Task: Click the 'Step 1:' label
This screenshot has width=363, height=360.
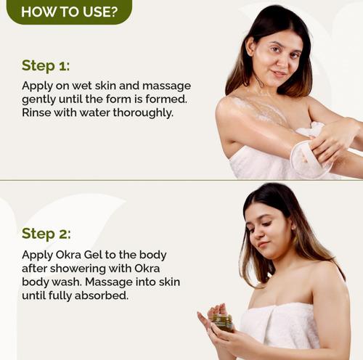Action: coord(46,65)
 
